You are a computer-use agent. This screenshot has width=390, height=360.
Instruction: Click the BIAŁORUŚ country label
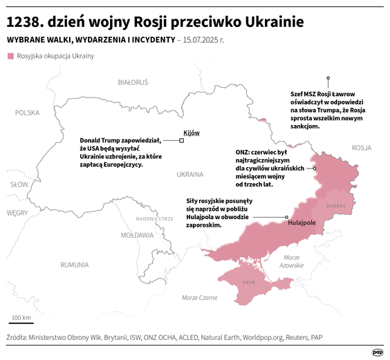coord(133,82)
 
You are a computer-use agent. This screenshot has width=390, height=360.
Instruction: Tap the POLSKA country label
coord(28,112)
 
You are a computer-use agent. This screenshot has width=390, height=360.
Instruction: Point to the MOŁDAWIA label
coord(137,236)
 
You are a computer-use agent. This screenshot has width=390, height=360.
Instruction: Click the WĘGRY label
coord(17,213)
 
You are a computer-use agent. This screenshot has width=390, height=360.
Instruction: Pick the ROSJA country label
coord(361,148)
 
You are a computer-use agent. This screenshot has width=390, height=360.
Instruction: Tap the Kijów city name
coord(191,133)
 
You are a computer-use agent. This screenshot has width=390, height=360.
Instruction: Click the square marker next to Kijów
coord(182,141)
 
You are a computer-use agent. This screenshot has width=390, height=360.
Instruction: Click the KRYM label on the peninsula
coord(250,283)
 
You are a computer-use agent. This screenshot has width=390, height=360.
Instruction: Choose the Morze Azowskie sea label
coord(292,261)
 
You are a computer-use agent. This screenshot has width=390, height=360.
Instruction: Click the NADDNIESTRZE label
coord(154,218)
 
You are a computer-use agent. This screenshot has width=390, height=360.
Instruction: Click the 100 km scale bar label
coord(21,317)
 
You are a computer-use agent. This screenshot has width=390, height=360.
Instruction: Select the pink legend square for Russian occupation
coord(10,55)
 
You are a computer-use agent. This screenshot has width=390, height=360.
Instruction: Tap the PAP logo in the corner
coord(378,351)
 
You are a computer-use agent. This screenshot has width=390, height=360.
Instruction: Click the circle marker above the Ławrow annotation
coord(328,78)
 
